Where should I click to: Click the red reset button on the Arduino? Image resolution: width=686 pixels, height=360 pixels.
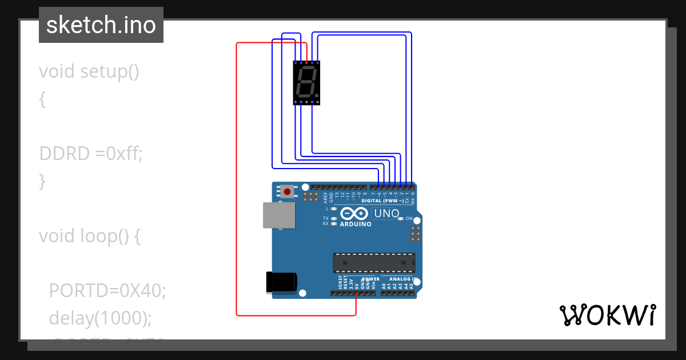(x=287, y=191)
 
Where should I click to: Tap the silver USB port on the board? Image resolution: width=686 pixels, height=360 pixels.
(x=279, y=215)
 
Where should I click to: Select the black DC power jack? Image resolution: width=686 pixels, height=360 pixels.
(x=282, y=282)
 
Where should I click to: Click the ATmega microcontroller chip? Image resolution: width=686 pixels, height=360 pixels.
(x=374, y=262)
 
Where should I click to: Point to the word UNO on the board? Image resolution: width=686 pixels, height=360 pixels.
(x=386, y=214)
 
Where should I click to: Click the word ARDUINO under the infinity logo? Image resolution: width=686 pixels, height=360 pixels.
(x=356, y=224)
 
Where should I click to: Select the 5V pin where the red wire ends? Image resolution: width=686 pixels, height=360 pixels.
(x=356, y=294)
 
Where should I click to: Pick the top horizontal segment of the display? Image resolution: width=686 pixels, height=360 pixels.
(x=308, y=68)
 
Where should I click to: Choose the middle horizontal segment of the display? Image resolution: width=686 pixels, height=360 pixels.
(x=306, y=82)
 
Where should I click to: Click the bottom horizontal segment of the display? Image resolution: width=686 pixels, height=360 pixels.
(x=304, y=95)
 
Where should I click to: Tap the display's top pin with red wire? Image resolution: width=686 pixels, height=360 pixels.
(x=306, y=62)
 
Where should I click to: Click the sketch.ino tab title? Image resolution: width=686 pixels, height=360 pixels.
(x=101, y=25)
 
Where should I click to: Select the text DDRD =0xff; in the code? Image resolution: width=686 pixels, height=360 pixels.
(x=90, y=153)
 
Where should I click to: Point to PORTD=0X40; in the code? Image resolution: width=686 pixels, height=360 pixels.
(x=107, y=290)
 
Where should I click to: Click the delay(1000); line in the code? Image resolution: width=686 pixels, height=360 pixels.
(x=101, y=318)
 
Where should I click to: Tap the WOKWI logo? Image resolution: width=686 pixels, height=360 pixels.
(x=607, y=315)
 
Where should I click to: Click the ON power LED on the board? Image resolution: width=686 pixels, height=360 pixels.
(x=401, y=219)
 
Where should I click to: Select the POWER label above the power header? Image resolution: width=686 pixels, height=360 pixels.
(x=370, y=279)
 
